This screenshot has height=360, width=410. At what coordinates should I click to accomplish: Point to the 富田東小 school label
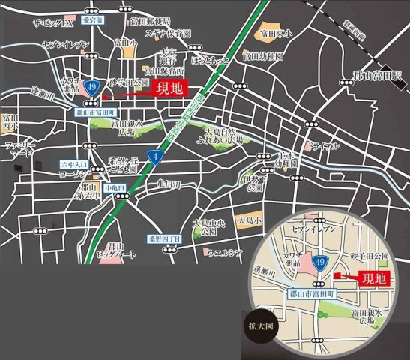click(275, 34)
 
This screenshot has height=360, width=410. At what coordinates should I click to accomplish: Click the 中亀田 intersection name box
click(112, 187)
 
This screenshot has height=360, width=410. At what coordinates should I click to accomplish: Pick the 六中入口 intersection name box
click(73, 163)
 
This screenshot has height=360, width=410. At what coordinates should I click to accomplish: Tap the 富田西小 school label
click(10, 122)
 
